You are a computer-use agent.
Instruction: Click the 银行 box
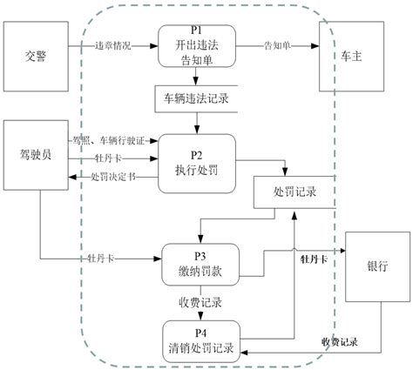point(377,266)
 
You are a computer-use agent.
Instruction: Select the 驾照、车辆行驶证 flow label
point(112,139)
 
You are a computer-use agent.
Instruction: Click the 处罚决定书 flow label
point(112,177)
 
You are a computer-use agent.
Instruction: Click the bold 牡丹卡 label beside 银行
point(313,259)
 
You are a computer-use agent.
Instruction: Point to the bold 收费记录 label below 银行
point(341,342)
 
